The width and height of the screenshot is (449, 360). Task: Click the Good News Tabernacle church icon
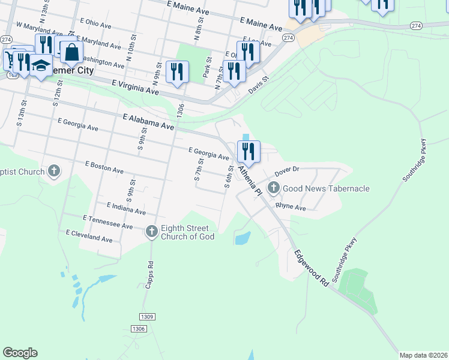pos(274,188)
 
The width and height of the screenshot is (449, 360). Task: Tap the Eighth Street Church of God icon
pos(152,231)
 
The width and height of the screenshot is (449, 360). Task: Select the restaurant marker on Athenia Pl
pos(249,151)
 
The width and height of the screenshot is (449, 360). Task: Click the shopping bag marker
pos(71,52)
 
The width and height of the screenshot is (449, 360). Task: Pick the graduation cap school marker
pos(41,65)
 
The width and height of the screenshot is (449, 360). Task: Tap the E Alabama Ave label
pos(148,122)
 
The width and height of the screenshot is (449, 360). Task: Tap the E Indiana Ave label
pos(126,208)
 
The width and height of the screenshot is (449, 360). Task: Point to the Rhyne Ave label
pos(291,207)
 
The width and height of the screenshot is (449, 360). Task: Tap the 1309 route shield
pos(147,316)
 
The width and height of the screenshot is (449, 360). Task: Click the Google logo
pos(20,353)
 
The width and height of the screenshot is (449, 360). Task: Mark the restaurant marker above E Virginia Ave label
pos(177,72)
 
